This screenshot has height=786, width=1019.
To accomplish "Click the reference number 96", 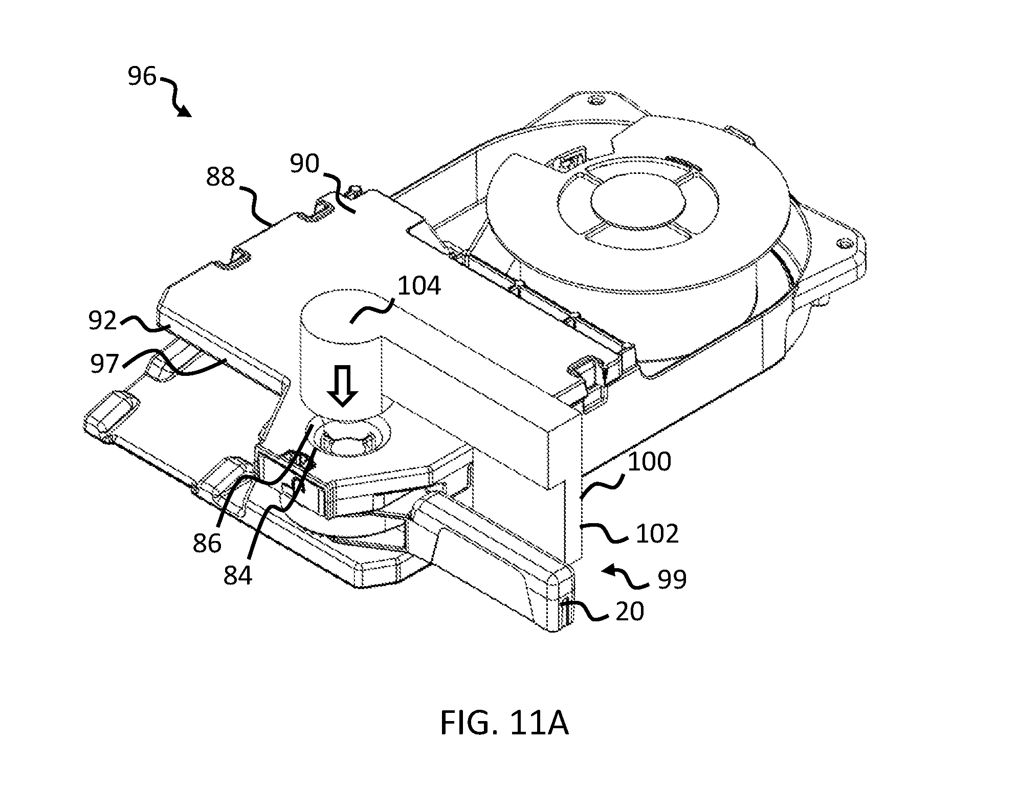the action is point(142,77).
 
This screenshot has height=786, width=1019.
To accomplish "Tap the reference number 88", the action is point(220,177).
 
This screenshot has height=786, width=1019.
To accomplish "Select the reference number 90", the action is point(304,164).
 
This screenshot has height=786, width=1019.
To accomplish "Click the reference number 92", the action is point(103,321).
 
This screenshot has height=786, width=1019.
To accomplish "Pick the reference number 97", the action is point(105,365).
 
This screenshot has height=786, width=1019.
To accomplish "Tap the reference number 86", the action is point(207,543).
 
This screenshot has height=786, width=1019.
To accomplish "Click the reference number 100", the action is point(649,462).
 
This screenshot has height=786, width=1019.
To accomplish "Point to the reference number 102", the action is point(657,534).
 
